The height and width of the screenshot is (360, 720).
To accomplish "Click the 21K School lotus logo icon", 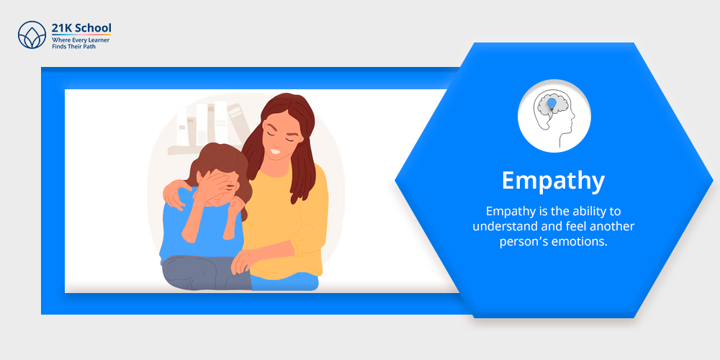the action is pos(32,35).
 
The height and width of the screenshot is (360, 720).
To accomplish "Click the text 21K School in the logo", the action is pos(81,29).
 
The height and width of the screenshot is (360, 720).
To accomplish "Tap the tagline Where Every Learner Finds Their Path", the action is pos(81,43).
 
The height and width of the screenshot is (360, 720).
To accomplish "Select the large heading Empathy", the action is pos(553,181).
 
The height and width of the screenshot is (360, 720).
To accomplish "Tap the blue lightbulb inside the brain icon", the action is pos(552,104).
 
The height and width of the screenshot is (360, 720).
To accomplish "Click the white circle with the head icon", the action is pos(554,116).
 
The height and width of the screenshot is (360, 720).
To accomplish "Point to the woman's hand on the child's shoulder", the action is pos(174,193).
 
